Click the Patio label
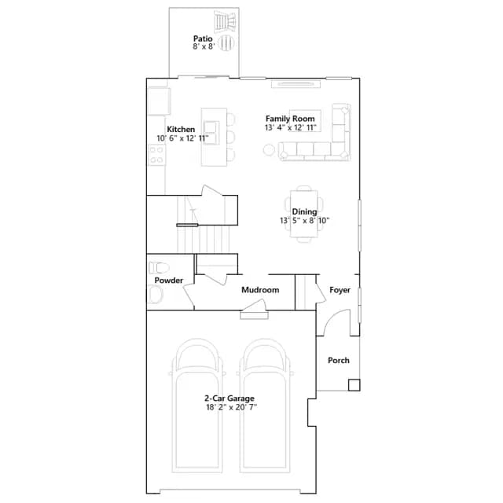(x=203, y=39)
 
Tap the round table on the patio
(x=226, y=42)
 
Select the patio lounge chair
(x=226, y=21)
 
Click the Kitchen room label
(x=181, y=129)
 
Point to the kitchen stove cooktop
(x=157, y=155)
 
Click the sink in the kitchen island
(x=211, y=133)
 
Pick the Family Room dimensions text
(x=291, y=127)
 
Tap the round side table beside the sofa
(x=269, y=150)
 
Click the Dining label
(x=304, y=211)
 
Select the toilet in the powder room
(x=159, y=267)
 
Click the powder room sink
(x=155, y=295)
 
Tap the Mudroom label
(x=260, y=290)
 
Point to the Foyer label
(x=340, y=290)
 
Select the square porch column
(x=354, y=385)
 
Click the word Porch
(x=339, y=361)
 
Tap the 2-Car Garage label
(x=229, y=398)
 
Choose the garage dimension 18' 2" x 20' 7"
(x=232, y=407)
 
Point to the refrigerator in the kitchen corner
(x=159, y=101)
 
